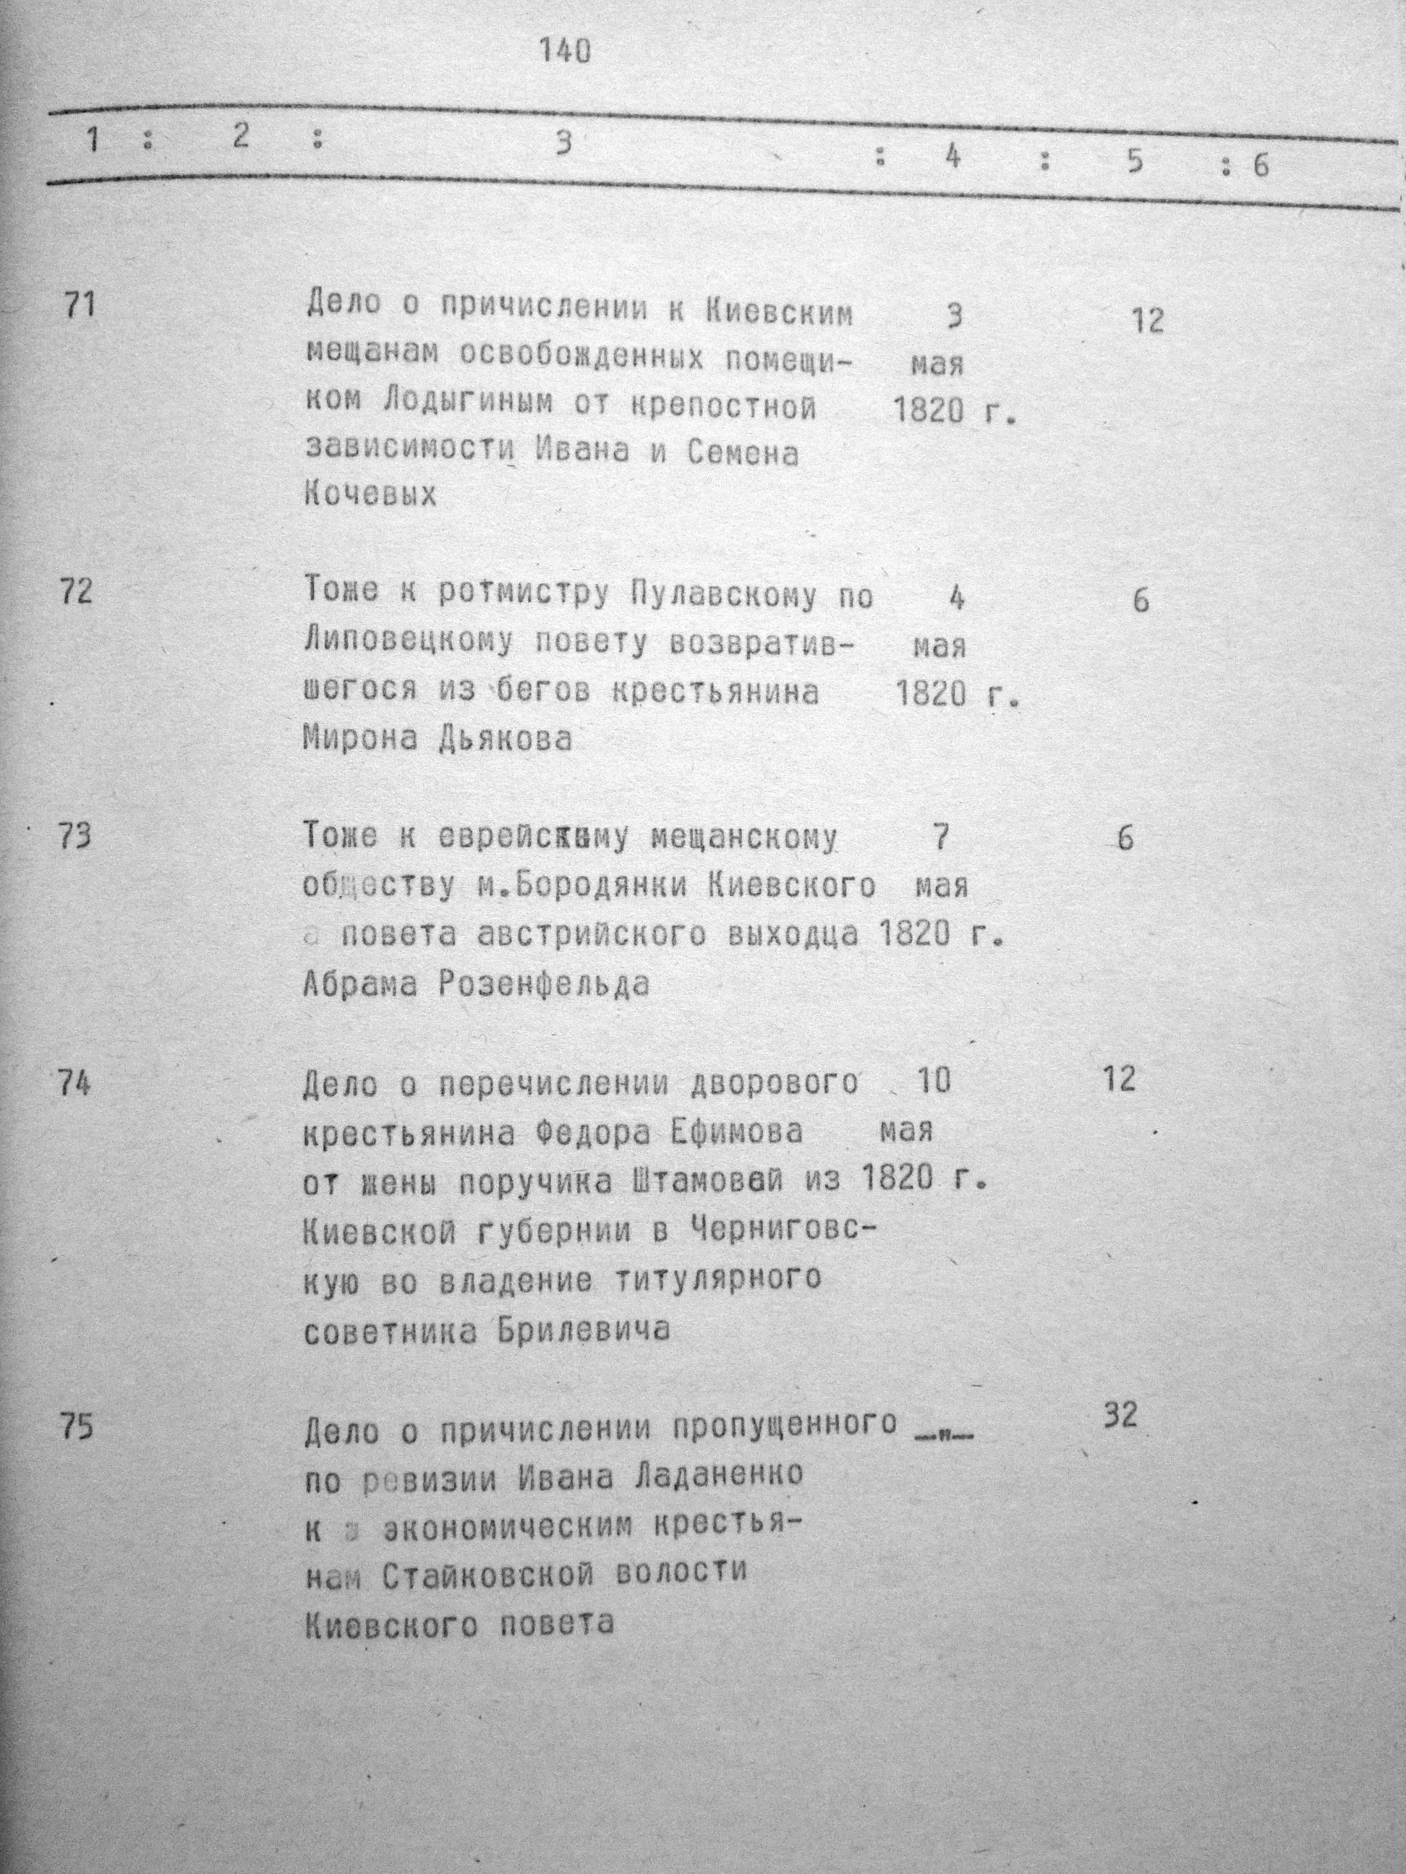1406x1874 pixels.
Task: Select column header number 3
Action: (x=562, y=144)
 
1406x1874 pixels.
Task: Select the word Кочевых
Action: (x=370, y=494)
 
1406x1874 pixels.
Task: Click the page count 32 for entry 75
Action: (x=1120, y=1416)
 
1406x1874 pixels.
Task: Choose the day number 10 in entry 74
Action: (x=933, y=1081)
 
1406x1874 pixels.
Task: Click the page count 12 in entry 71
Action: (x=1148, y=321)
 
